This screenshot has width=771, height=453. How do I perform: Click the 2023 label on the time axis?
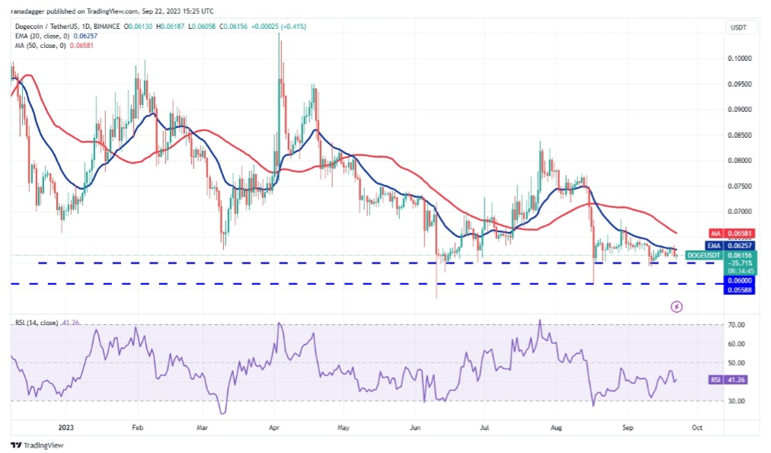[66, 429]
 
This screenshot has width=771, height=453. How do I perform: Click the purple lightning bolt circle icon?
[677, 306]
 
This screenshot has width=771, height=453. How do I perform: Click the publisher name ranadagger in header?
[32, 11]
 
